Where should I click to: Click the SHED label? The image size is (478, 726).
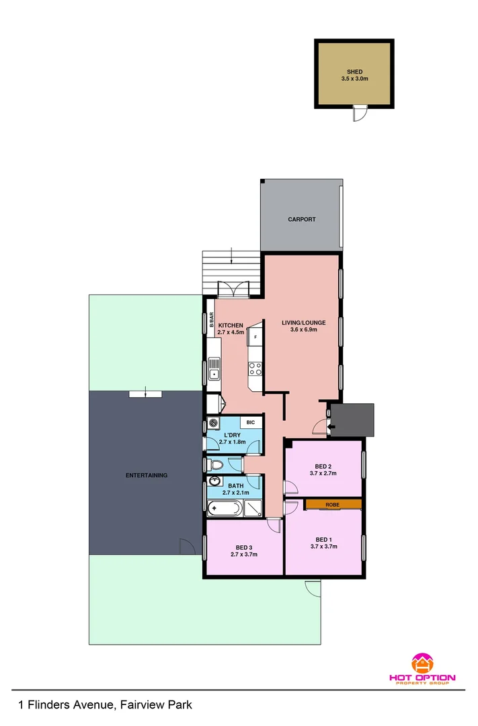(x=354, y=71)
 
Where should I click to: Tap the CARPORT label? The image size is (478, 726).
(x=301, y=219)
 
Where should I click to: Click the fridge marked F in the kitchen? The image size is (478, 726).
(x=255, y=336)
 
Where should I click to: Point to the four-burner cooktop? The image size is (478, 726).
(x=255, y=368)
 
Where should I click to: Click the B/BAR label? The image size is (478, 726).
(x=211, y=321)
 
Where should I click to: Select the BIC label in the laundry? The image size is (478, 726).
(x=250, y=422)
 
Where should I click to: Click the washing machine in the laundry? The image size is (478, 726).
(x=214, y=423)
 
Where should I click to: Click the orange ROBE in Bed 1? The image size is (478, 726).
(x=333, y=503)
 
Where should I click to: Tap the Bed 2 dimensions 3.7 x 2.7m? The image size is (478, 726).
(x=323, y=474)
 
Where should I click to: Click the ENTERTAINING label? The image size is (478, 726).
(x=147, y=475)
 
